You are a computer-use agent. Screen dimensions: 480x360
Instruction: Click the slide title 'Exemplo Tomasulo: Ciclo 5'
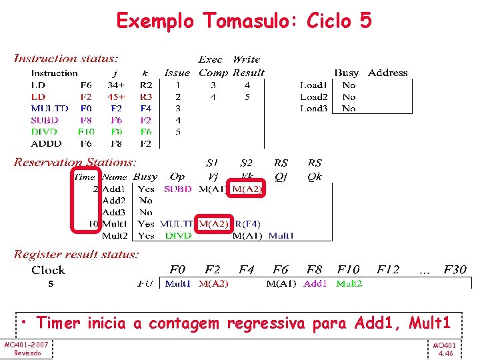click(244, 21)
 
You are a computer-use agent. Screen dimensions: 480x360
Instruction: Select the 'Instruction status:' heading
click(66, 59)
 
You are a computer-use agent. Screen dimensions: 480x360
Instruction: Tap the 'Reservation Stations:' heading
click(75, 162)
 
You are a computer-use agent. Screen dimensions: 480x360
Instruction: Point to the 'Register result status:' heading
click(77, 254)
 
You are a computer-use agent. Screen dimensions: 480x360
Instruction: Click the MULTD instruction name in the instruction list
click(49, 108)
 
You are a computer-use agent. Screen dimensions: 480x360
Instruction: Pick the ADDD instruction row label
click(46, 143)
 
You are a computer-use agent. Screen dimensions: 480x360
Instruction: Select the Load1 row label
click(313, 85)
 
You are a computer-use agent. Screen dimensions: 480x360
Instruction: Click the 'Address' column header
click(387, 73)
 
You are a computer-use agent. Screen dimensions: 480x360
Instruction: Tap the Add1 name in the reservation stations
click(115, 189)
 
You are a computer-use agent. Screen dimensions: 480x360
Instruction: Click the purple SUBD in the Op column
click(177, 189)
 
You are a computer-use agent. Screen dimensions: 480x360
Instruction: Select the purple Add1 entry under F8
click(315, 283)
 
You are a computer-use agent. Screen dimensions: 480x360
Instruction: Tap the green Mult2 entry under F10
click(349, 283)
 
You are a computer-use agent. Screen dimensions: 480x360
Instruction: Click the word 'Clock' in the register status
click(49, 270)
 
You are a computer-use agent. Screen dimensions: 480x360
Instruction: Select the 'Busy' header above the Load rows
click(347, 73)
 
